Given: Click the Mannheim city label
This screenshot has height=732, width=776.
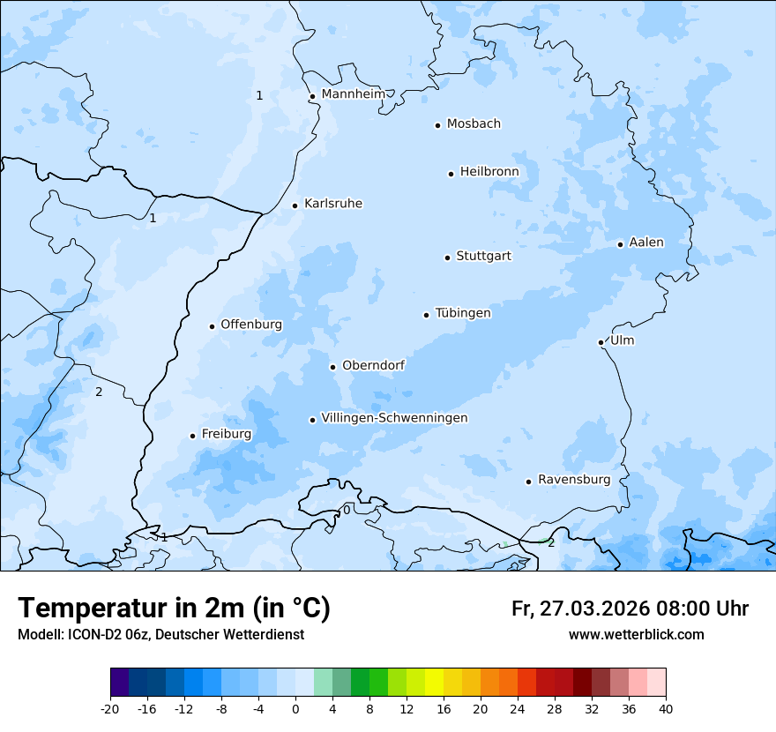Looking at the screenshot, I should (x=353, y=93).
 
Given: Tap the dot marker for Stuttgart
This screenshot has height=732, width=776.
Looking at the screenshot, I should (x=447, y=258).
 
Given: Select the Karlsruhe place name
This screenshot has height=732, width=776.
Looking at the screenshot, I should (x=332, y=204).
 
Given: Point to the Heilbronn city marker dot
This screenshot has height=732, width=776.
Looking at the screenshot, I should (x=451, y=174).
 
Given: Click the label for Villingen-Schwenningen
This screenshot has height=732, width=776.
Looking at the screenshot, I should (x=394, y=418).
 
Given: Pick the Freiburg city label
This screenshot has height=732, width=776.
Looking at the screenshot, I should (x=226, y=434).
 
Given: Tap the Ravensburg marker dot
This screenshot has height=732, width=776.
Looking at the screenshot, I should (x=528, y=482).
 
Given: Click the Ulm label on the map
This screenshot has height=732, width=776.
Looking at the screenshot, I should (x=622, y=340).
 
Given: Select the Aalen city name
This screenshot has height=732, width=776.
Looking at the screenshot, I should (x=646, y=243).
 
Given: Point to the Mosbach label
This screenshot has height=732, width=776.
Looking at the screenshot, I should (x=474, y=123).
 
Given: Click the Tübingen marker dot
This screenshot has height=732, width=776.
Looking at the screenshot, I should (x=426, y=315).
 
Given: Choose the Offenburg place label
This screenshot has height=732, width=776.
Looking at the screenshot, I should (x=251, y=325).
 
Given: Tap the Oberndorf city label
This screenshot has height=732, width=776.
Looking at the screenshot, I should (x=373, y=365).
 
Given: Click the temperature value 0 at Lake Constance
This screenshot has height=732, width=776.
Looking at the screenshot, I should (x=347, y=510).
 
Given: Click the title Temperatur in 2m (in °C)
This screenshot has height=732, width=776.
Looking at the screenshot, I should (x=175, y=608).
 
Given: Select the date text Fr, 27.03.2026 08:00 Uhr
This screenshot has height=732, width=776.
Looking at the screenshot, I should (x=630, y=609).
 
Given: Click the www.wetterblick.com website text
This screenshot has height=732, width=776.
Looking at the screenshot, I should (x=636, y=635).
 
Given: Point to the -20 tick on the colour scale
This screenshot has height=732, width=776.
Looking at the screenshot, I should (x=110, y=709).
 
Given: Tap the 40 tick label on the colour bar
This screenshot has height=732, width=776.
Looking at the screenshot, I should (x=666, y=709).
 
